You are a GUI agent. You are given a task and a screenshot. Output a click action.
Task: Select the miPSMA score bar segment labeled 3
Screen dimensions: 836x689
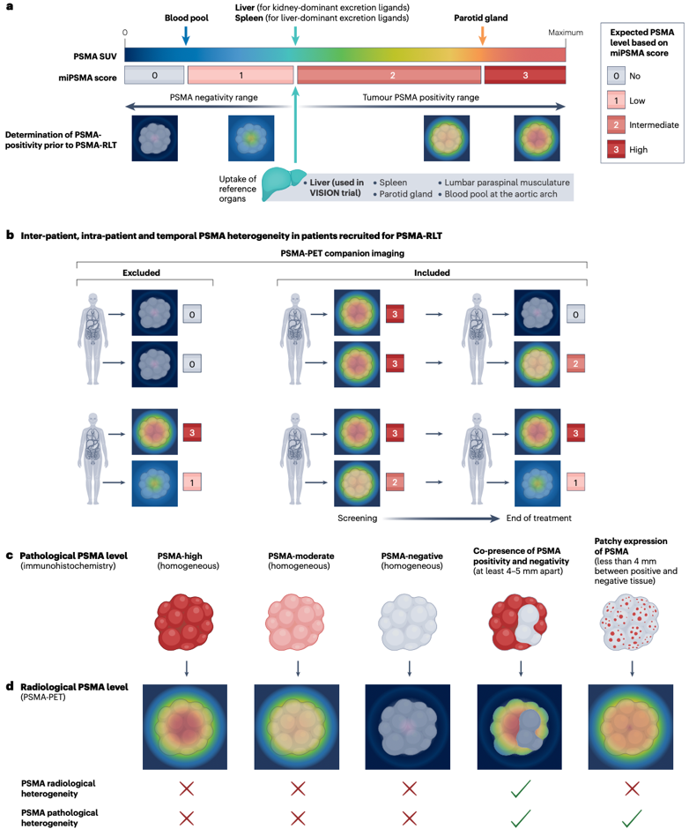[x=525, y=76]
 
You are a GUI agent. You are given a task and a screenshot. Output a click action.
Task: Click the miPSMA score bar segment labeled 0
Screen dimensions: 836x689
[x=155, y=76]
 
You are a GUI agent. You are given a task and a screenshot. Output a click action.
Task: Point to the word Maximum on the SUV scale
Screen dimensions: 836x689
[x=566, y=33]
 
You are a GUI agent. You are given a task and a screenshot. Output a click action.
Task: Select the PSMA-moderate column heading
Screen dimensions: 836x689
[x=298, y=559]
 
